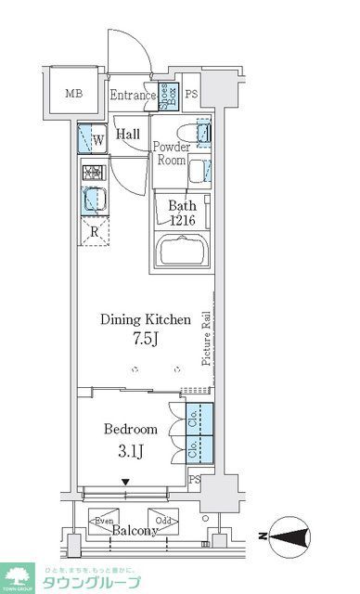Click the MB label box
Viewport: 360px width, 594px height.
click(71, 93)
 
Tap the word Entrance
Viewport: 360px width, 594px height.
click(132, 95)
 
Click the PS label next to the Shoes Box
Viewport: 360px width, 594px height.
click(191, 95)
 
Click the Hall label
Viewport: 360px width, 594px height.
click(129, 135)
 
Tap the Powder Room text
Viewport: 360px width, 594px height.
click(171, 153)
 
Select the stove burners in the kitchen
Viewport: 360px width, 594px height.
click(93, 173)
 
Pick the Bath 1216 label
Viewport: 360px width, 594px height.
click(182, 213)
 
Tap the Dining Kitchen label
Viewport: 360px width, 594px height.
click(146, 318)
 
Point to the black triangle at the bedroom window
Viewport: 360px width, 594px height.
click(127, 481)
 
